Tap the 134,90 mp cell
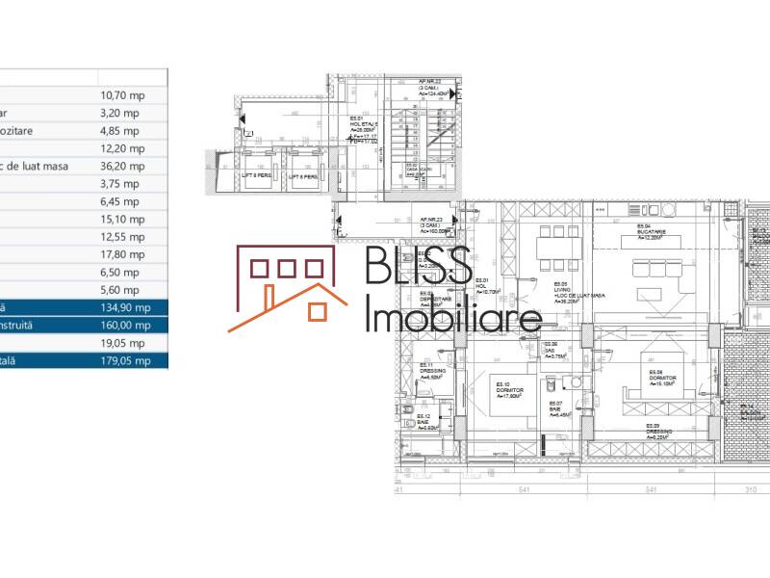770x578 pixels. pos(125,307)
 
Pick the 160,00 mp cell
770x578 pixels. pos(125,326)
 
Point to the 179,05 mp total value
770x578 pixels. pos(125,360)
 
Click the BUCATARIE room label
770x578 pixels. pos(651,231)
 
